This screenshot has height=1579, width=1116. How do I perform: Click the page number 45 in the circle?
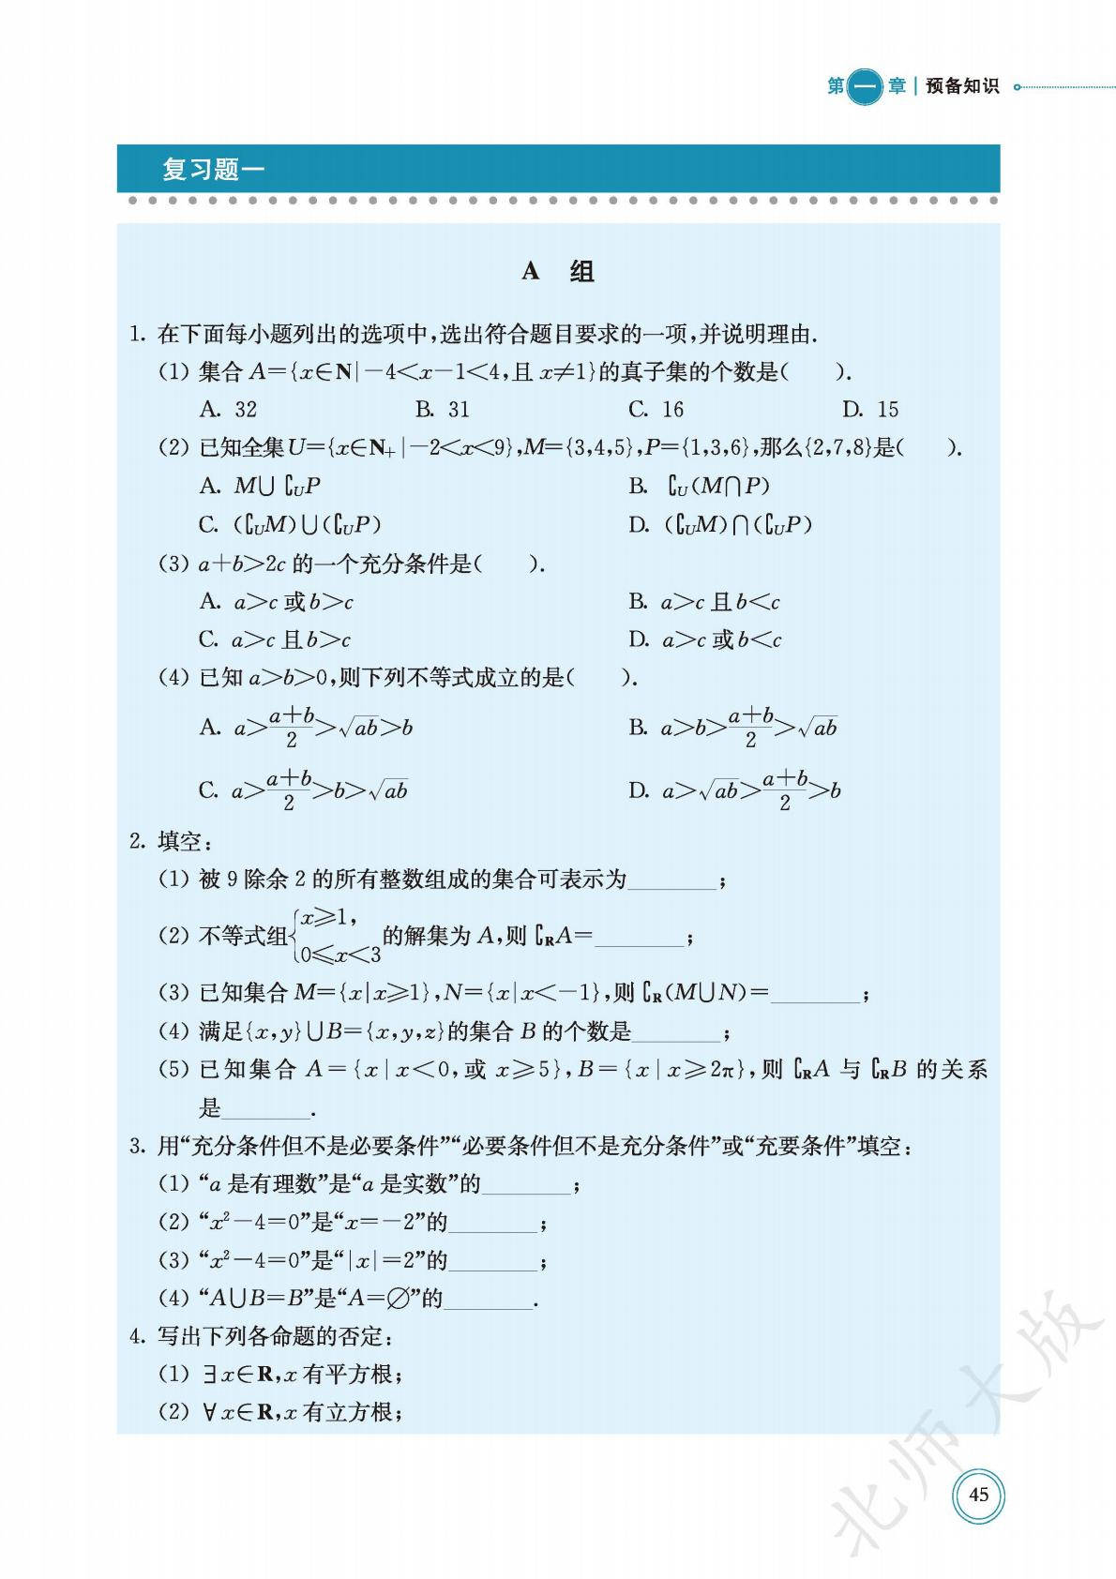(x=978, y=1494)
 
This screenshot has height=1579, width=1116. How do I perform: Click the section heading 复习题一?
(x=213, y=170)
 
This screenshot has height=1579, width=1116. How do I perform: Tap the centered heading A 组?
(x=558, y=272)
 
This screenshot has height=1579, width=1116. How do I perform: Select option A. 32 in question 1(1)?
(x=228, y=410)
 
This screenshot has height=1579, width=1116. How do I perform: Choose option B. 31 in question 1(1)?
(x=442, y=410)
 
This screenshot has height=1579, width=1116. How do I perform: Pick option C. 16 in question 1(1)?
(x=656, y=410)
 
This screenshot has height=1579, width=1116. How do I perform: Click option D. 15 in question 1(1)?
(x=869, y=410)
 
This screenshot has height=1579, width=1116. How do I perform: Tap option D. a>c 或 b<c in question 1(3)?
(x=704, y=640)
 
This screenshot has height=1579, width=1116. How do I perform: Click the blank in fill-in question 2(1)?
(x=672, y=881)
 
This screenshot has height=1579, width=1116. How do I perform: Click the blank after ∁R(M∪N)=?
(x=814, y=995)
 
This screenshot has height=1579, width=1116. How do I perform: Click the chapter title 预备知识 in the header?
(x=962, y=86)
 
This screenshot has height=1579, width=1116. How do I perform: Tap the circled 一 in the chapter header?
(x=864, y=86)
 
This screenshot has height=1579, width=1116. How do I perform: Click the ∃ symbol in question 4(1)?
(x=210, y=1375)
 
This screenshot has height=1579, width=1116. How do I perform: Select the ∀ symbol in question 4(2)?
(x=210, y=1412)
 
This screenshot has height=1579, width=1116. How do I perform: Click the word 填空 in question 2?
(x=179, y=842)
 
